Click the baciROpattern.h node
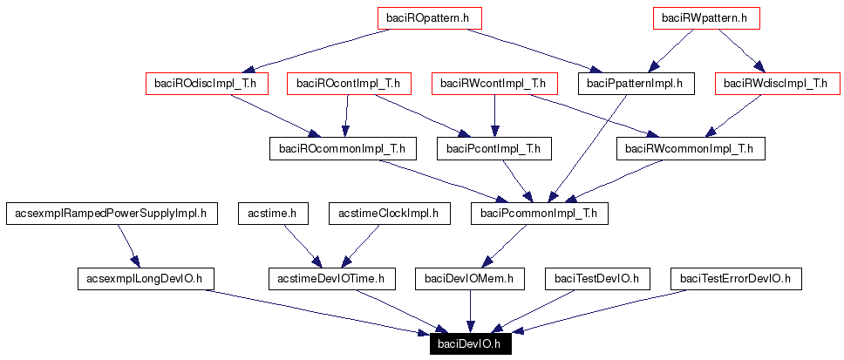[429, 17]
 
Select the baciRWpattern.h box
[706, 17]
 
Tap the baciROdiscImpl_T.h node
[207, 84]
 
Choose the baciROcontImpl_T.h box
[348, 84]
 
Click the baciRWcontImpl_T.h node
[493, 84]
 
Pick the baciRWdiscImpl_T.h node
[771, 84]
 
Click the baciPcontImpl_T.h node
[493, 149]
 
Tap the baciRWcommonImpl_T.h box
[691, 149]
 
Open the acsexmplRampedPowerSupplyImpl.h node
[111, 213]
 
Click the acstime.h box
[272, 213]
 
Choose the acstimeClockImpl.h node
[388, 213]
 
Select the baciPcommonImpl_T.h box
[539, 213]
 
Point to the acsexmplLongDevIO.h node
[146, 279]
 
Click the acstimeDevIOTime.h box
[331, 279]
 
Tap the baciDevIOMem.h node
[469, 279]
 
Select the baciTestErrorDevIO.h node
[735, 279]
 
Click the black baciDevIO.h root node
[470, 343]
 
